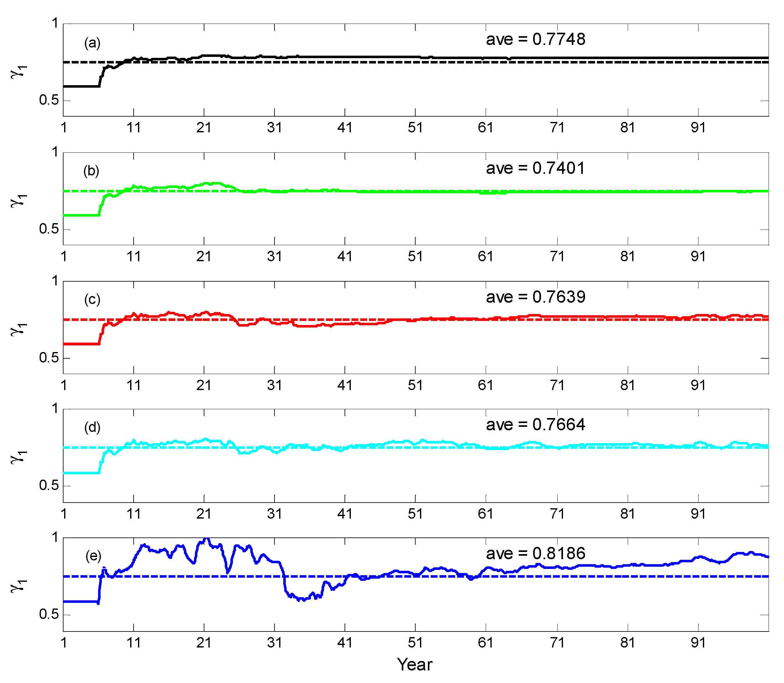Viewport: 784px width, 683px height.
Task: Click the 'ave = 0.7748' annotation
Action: [x=535, y=39]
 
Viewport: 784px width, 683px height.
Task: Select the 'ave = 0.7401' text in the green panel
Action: [x=535, y=168]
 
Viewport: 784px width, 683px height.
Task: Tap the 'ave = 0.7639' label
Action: [x=535, y=297]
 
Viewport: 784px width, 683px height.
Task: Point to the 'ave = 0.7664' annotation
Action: [x=535, y=425]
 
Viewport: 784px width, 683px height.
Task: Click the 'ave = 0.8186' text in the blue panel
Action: [x=535, y=554]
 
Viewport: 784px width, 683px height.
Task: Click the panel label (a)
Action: [x=92, y=43]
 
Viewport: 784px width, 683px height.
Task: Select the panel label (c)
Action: [x=92, y=300]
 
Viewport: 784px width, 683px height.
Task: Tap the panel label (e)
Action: [x=93, y=556]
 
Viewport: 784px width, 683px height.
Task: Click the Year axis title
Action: [x=415, y=664]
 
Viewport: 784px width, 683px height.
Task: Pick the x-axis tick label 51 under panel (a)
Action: [x=415, y=127]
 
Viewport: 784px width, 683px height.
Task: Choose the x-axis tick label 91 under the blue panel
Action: [x=698, y=642]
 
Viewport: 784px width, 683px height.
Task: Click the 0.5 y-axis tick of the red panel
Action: [x=49, y=358]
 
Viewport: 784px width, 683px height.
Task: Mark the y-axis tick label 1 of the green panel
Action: [x=55, y=152]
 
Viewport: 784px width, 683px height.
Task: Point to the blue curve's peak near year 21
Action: [x=206, y=539]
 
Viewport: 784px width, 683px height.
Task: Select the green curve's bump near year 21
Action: [x=213, y=183]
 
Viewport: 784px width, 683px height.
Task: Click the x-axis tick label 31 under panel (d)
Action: [x=274, y=514]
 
